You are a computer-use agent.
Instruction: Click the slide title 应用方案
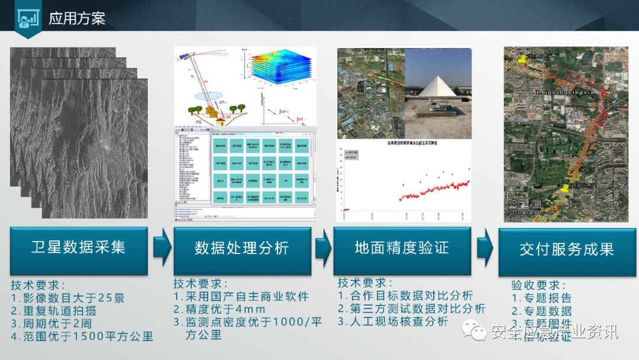pyautogui.click(x=77, y=18)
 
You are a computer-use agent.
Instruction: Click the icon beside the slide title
pyautogui.click(x=25, y=18)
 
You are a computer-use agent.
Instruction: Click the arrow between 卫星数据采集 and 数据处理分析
pyautogui.click(x=162, y=249)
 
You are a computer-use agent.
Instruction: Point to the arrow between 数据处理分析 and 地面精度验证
pyautogui.click(x=323, y=249)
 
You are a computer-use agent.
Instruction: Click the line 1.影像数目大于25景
pyautogui.click(x=68, y=298)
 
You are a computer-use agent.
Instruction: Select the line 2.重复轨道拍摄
pyautogui.click(x=54, y=311)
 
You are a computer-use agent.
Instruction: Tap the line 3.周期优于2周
pyautogui.click(x=51, y=324)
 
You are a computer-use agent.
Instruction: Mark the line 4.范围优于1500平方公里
pyautogui.click(x=82, y=337)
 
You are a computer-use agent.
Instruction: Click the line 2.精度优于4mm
pyautogui.click(x=220, y=309)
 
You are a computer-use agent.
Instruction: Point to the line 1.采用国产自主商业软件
pyautogui.click(x=241, y=296)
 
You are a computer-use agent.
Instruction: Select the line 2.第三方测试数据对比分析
pyautogui.click(x=412, y=308)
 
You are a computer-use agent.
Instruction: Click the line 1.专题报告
pyautogui.click(x=542, y=298)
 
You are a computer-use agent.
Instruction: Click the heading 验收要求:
pyautogui.click(x=539, y=285)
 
